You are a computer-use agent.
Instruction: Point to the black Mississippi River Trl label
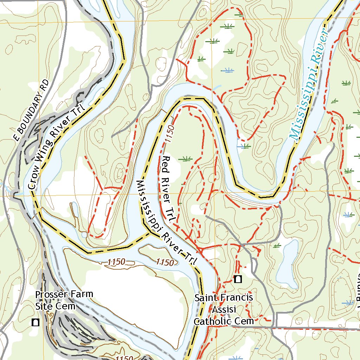[166, 222]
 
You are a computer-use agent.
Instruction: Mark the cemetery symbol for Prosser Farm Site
[36, 322]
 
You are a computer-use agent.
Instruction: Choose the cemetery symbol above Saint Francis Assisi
[238, 279]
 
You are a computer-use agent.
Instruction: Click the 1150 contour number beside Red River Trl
[168, 134]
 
